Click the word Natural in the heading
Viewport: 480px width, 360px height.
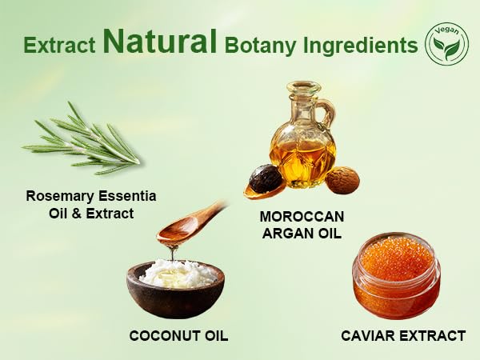pos(160,42)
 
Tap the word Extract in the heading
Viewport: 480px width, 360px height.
pos(59,46)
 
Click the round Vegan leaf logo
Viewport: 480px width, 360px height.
pos(447,44)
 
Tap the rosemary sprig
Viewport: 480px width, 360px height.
pos(81,140)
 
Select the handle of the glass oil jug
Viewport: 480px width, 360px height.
pos(327,114)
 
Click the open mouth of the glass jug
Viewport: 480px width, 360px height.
pos(303,87)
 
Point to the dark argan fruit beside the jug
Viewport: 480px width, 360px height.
pos(265,179)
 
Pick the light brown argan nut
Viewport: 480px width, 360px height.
pos(342,180)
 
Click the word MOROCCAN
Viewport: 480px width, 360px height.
pos(302,217)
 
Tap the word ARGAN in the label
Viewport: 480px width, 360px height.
pos(286,234)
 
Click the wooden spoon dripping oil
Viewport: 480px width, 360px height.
pos(191,222)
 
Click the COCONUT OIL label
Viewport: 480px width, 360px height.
pos(178,336)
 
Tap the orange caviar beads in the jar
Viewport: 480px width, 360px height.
pos(396,259)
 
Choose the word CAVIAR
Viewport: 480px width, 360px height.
pos(368,336)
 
